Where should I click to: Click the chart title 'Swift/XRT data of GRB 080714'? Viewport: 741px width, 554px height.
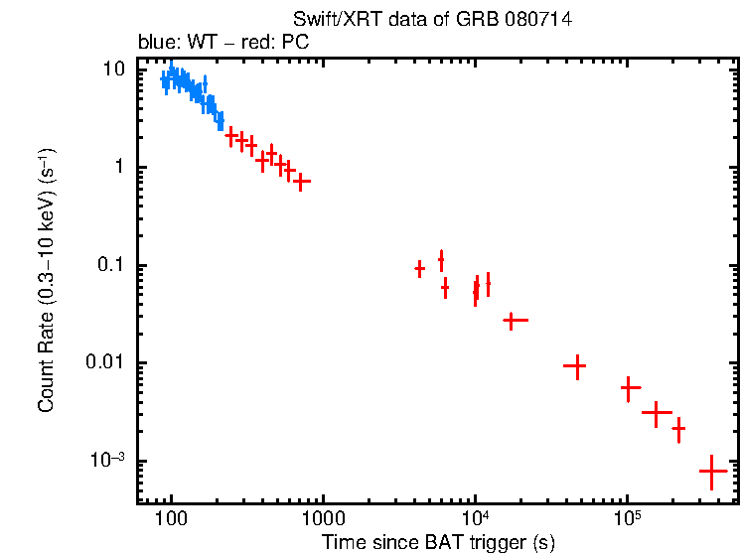point(432,20)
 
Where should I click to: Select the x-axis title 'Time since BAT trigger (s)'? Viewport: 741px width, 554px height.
point(437,542)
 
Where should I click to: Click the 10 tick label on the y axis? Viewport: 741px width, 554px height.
point(113,70)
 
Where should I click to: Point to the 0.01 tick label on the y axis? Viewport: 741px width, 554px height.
point(103,363)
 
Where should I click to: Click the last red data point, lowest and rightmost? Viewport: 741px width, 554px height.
point(712,472)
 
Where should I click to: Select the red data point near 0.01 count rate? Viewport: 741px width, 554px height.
point(575,366)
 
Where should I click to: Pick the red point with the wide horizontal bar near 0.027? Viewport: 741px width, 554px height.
point(514,321)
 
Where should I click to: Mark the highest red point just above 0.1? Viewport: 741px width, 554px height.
point(441,260)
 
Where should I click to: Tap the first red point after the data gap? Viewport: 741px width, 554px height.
point(420,269)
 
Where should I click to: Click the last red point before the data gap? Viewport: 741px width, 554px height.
point(302,182)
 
